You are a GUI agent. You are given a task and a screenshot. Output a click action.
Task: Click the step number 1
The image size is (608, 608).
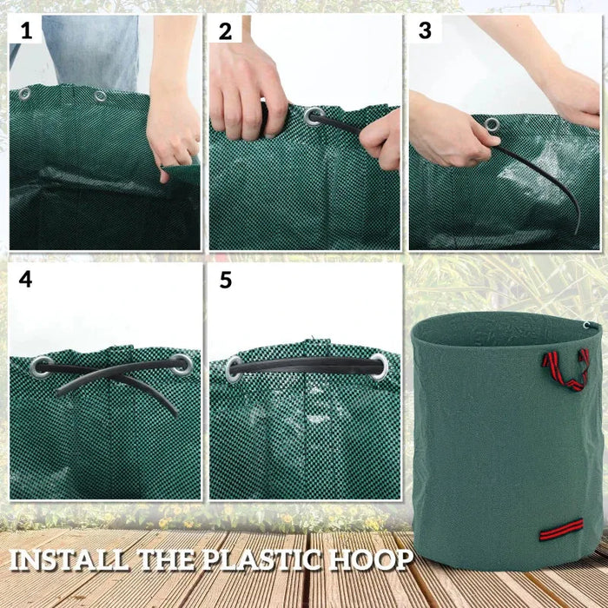tap(26, 32)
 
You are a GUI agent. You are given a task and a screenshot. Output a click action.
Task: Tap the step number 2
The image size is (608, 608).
tap(226, 32)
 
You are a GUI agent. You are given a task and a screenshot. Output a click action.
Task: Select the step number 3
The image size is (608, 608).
tap(425, 31)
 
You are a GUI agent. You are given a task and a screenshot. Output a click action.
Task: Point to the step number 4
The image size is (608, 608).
tap(26, 281)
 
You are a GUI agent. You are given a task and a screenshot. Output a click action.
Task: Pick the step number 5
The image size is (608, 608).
tap(226, 281)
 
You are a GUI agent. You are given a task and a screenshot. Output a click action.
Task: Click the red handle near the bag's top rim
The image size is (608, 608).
tap(565, 368)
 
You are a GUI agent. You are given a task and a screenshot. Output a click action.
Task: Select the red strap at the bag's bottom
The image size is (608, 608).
tap(561, 527)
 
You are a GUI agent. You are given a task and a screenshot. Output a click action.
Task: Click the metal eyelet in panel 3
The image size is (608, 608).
tap(492, 126)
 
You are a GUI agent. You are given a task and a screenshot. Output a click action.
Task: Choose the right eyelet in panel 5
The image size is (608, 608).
tap(380, 366)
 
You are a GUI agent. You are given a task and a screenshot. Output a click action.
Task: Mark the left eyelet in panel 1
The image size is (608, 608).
tap(23, 94)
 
